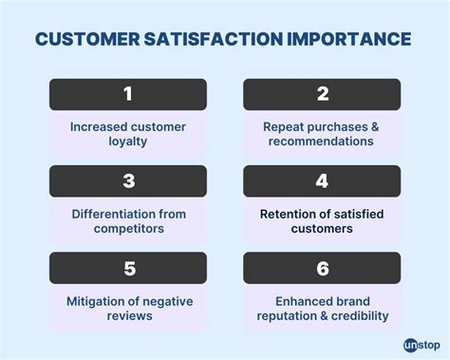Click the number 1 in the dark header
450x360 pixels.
coord(127,94)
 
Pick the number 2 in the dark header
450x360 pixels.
coord(321,94)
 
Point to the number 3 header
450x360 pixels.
coord(127,180)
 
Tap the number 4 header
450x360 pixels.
coord(321,180)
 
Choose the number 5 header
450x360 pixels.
coord(127,268)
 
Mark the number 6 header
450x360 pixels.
coord(321,268)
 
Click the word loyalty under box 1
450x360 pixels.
coord(127,142)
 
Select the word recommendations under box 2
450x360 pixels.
coord(321,142)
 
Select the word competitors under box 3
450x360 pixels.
coord(127,228)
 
